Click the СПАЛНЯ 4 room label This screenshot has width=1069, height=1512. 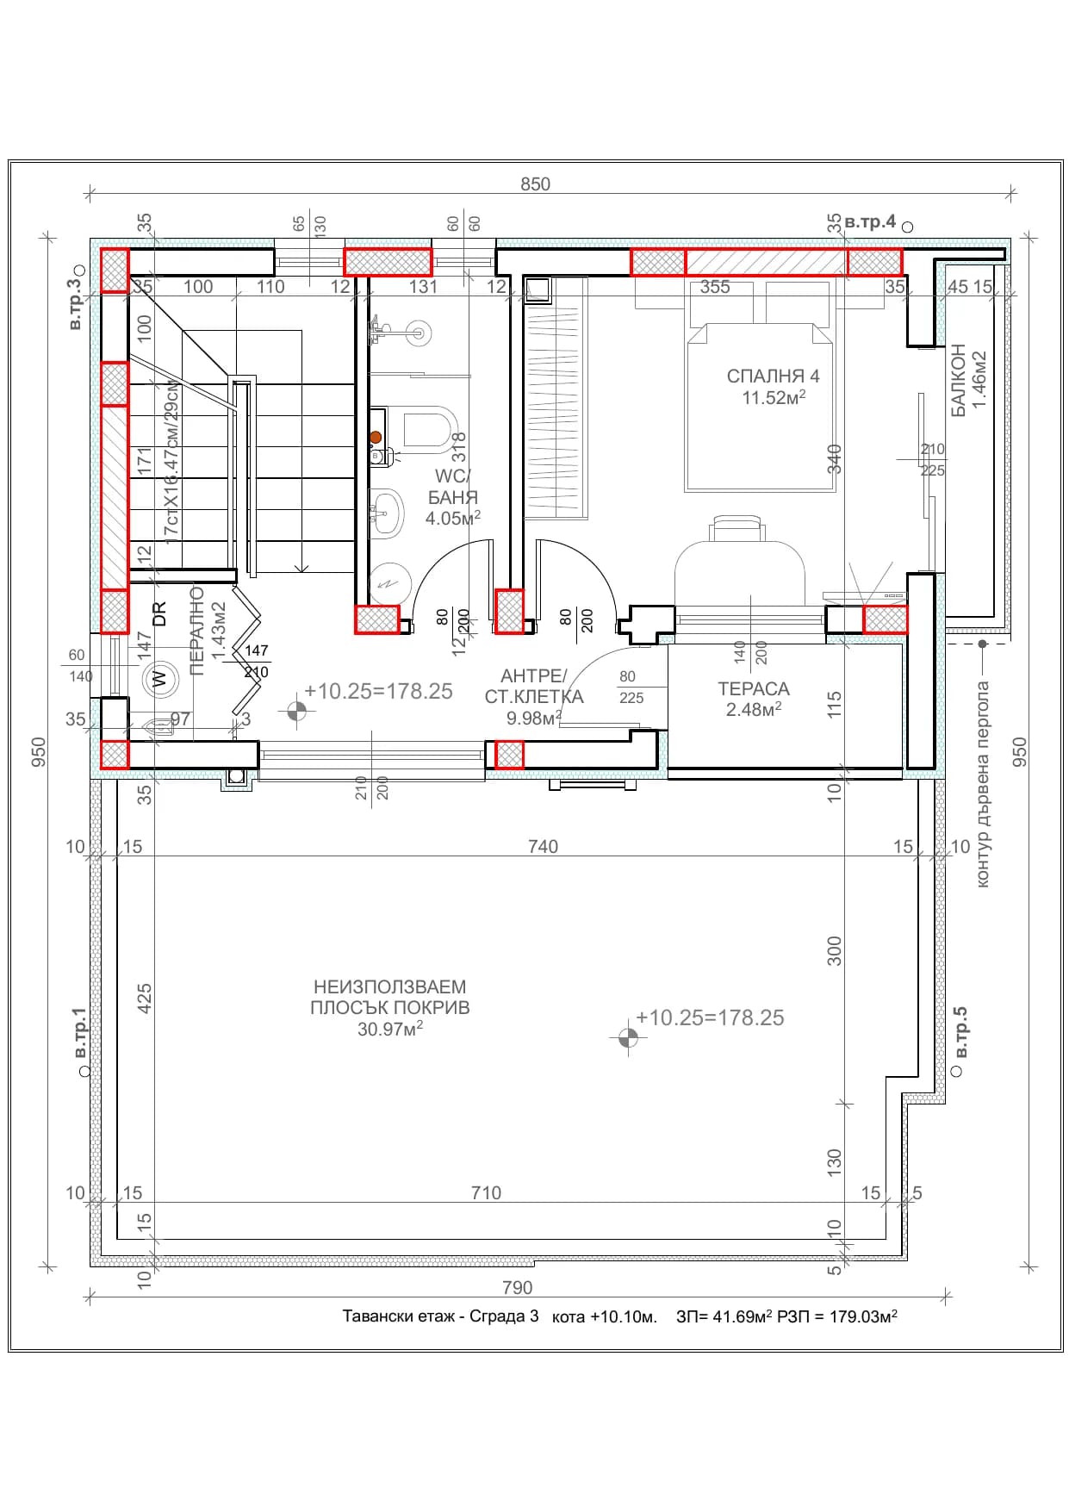click(x=773, y=376)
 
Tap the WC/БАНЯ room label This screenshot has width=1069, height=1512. click(x=452, y=487)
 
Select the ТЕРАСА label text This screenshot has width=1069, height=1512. click(x=754, y=688)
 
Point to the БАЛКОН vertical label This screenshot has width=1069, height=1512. click(x=958, y=382)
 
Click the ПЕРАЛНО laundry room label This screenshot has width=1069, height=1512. click(x=196, y=631)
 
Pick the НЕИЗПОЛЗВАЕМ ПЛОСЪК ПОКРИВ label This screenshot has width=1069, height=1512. click(x=390, y=997)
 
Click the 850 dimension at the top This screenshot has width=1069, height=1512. click(x=535, y=184)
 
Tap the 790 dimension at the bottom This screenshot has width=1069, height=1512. click(x=517, y=1287)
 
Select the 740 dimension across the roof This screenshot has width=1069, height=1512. click(x=543, y=846)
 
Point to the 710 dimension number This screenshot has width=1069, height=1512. click(x=486, y=1192)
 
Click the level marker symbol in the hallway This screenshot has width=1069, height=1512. click(x=296, y=711)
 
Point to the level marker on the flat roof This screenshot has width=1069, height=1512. click(x=628, y=1038)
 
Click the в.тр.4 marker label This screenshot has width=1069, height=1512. click(x=870, y=221)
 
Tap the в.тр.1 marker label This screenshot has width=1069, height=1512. click(x=78, y=1033)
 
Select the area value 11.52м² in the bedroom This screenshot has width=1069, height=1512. click(x=774, y=397)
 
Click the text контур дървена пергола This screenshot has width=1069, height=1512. click(x=983, y=784)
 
